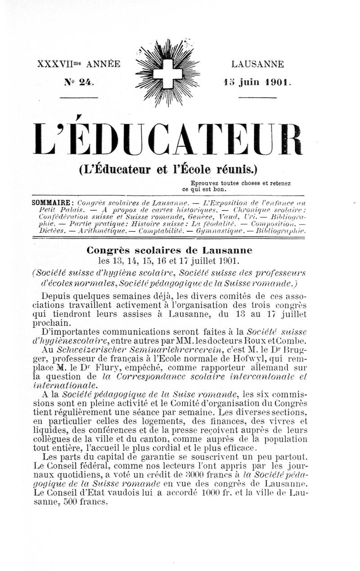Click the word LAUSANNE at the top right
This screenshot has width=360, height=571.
point(258,64)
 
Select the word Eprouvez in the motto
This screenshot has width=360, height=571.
point(204,183)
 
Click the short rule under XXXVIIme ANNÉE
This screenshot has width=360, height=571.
point(82,97)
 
